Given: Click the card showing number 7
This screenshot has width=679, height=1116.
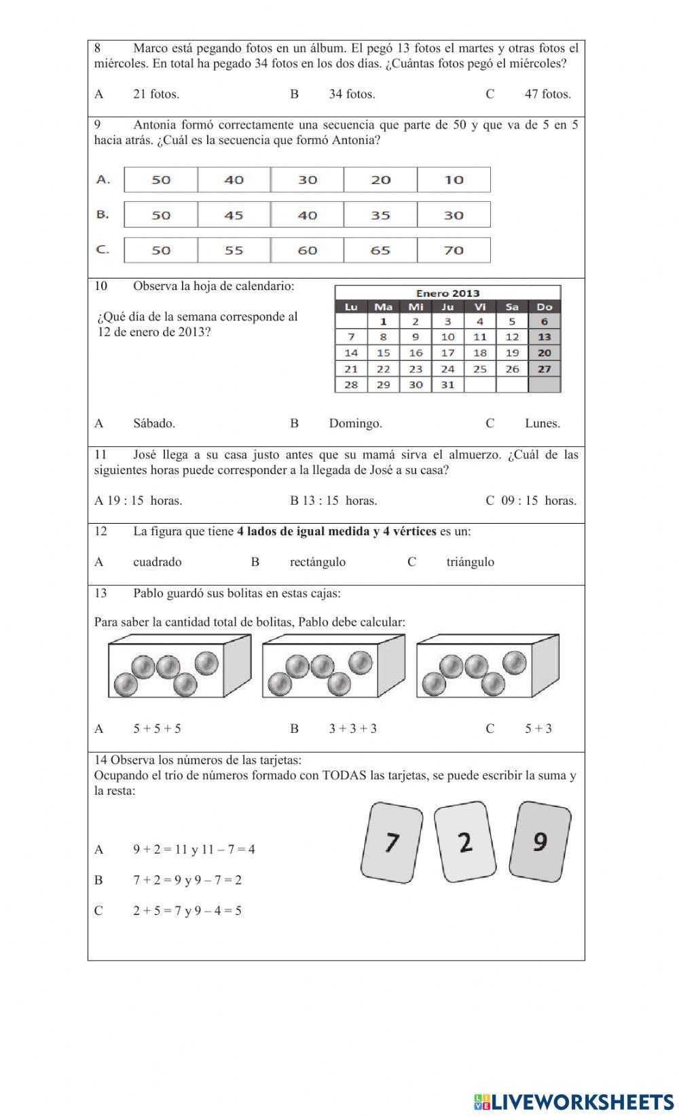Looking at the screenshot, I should click(x=391, y=842).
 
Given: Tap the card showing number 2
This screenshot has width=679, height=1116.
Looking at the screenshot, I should click(x=465, y=842).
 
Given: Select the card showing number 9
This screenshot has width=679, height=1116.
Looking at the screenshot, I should click(x=540, y=842).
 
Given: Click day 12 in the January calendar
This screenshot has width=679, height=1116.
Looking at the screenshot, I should click(x=512, y=337).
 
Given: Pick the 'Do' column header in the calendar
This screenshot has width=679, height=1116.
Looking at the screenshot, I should click(x=544, y=307).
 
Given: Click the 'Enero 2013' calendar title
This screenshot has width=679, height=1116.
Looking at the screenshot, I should click(x=447, y=293).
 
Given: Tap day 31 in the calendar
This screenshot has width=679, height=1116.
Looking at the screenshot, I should click(x=447, y=385).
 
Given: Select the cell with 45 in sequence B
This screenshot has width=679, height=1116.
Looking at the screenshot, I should click(x=234, y=215).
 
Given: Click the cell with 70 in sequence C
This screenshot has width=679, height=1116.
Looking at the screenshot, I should click(x=454, y=251).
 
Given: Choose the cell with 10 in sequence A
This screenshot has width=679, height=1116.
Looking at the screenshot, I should click(x=454, y=180).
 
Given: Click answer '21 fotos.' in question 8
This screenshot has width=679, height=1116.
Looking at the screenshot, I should click(x=156, y=94).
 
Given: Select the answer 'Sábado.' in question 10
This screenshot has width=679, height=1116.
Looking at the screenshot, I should click(x=154, y=424).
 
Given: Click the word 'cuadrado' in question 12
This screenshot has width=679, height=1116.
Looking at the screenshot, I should click(x=158, y=562).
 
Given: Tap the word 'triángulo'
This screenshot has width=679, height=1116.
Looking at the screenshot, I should click(x=470, y=562).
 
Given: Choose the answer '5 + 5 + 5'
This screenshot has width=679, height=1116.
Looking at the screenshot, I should click(x=157, y=730).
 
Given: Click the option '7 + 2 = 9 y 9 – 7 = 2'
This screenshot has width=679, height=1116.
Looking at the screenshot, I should click(x=187, y=880).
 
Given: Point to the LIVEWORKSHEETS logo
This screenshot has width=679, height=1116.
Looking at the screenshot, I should click(x=573, y=1102).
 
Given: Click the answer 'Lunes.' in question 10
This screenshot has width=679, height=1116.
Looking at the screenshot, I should click(x=542, y=424).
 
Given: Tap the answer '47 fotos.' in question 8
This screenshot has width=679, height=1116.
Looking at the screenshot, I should click(x=547, y=94).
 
